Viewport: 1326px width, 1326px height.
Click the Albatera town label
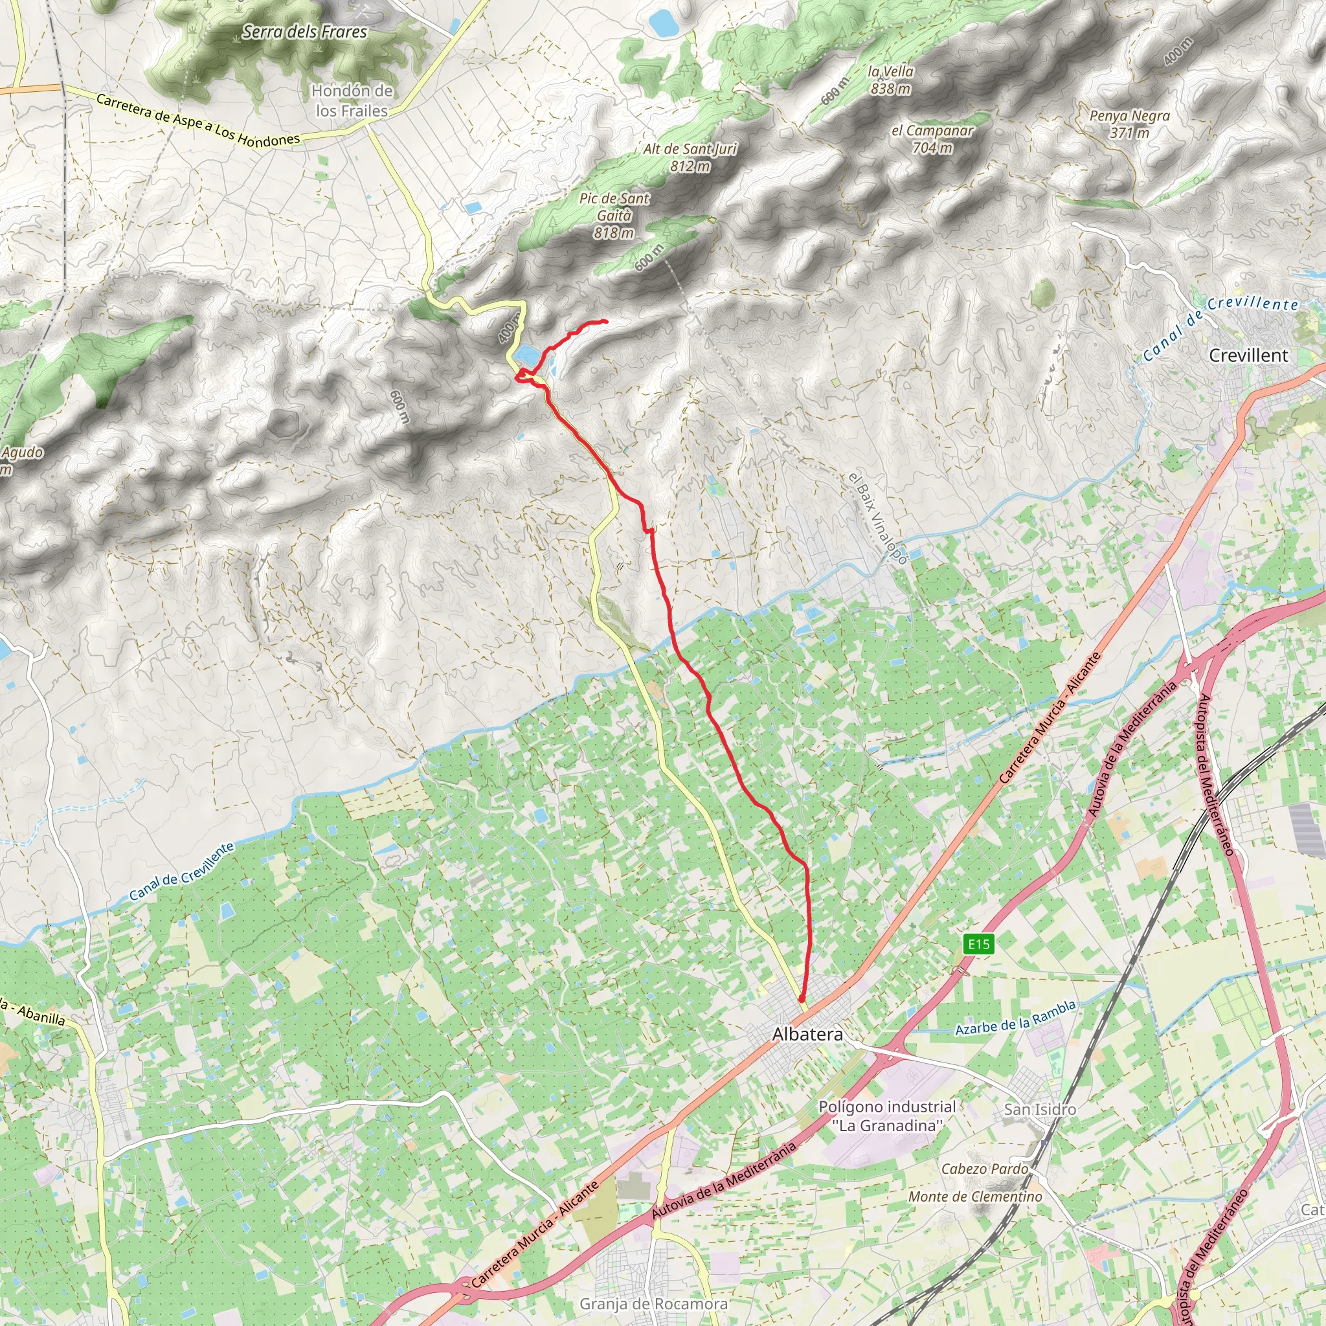pos(807,1033)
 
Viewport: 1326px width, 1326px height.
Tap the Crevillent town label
pos(1248,355)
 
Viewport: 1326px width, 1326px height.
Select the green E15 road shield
pos(979,945)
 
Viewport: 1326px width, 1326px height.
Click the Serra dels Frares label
pos(305,32)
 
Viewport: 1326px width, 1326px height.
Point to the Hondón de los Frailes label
pos(352,100)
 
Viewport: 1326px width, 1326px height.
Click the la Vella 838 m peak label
pos(890,80)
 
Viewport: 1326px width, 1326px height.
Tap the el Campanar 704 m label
pos(932,139)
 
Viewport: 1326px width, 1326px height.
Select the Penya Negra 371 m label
pos(1129,124)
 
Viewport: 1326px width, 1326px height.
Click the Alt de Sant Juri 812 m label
pos(690,157)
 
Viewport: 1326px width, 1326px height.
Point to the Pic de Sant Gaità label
pos(614,215)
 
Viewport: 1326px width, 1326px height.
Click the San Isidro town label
pos(1040,1109)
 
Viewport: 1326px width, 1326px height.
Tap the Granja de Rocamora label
pos(653,1303)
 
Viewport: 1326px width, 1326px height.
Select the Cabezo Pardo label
pos(984,1168)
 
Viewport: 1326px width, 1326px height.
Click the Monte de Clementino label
pos(974,1197)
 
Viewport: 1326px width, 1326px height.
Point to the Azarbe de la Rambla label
pos(1015,1018)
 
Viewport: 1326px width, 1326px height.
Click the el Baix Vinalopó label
pos(878,518)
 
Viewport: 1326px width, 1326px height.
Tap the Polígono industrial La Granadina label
pos(887,1116)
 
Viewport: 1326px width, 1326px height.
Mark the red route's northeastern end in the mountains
pos(606,321)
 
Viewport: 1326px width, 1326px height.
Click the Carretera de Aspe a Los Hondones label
pos(197,120)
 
